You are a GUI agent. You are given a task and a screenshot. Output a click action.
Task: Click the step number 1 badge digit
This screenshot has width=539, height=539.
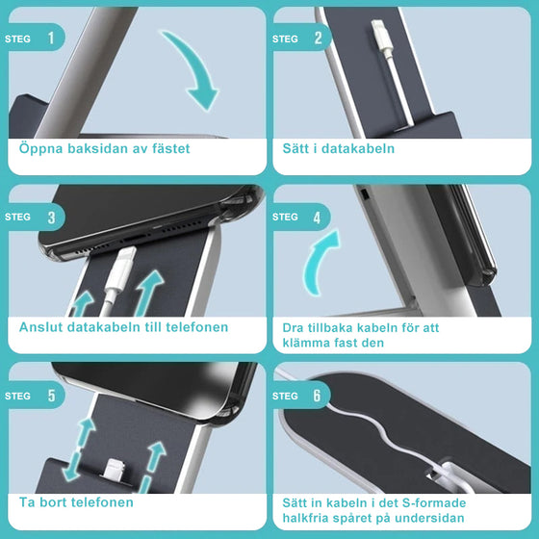pos(51,38)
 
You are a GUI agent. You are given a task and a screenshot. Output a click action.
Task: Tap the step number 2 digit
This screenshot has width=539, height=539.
pos(318,38)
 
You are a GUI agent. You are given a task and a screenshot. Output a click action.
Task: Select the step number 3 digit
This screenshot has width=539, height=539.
pos(51,218)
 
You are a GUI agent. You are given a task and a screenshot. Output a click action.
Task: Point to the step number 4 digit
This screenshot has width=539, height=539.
pos(317,218)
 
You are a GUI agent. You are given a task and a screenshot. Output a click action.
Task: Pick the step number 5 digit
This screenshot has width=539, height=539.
pos(51,396)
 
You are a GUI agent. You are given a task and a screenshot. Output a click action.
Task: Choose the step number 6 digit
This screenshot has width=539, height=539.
pos(317,396)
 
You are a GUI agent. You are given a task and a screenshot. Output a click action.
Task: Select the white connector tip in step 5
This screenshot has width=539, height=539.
pos(115,469)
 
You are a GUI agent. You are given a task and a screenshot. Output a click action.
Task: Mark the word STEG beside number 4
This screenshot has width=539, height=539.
pos(285,217)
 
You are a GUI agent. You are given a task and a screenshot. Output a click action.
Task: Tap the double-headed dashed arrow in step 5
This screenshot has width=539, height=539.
pos(78,449)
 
